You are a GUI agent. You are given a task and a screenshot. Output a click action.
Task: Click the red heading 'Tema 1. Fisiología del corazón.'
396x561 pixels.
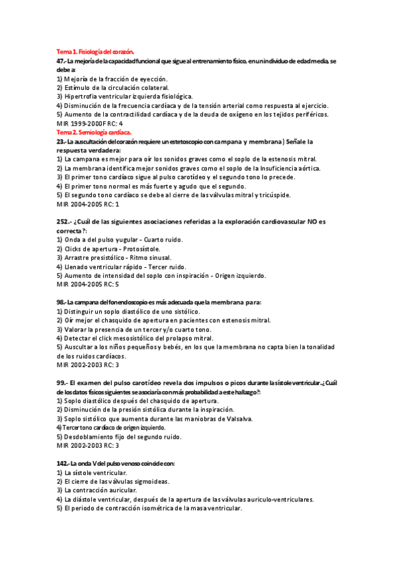tap(95, 51)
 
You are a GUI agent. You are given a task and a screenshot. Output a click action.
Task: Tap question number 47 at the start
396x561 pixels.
tap(60, 60)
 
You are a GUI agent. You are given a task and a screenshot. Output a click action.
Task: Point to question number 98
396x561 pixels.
tap(61, 302)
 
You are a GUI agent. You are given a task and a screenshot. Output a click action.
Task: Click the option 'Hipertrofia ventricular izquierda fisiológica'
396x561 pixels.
tap(124, 96)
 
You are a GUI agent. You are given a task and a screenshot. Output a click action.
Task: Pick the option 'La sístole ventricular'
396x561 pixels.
tap(96, 474)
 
